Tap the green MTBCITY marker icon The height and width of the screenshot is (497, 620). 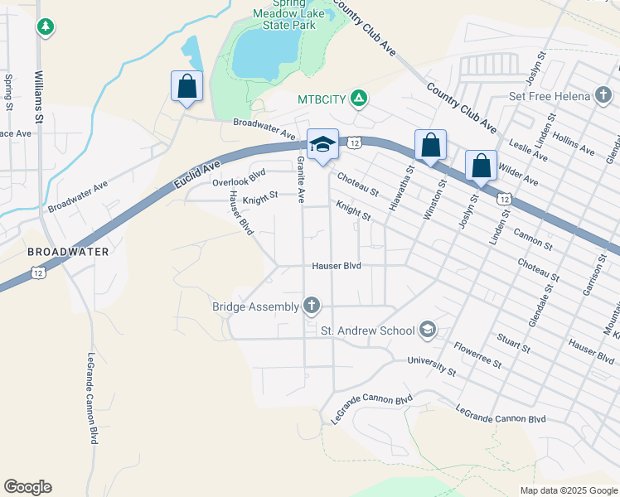pos(358,99)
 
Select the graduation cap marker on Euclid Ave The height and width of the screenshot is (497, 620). pos(322,146)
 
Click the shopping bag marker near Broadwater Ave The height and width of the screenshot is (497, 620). pos(186,86)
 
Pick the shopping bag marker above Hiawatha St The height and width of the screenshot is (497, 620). pos(430,146)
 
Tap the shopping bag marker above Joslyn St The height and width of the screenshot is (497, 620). pos(481,166)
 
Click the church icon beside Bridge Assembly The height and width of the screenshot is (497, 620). pos(312,306)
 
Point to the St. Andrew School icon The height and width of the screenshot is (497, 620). pos(427,331)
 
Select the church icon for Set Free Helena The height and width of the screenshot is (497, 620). pos(603,96)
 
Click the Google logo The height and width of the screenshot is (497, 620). pos(27,487)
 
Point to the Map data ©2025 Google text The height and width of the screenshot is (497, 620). pos(568,490)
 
